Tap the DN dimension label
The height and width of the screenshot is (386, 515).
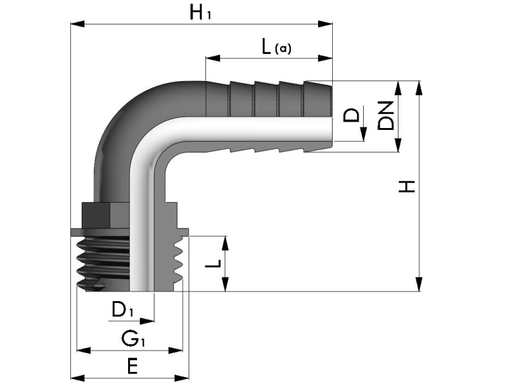[x=386, y=116]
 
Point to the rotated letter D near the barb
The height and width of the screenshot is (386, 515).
[x=351, y=116]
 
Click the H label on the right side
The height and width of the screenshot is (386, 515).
[x=407, y=187]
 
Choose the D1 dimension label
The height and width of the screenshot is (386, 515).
[x=123, y=309]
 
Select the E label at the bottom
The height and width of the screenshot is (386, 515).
[x=132, y=367]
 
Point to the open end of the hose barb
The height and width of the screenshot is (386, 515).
[x=330, y=116]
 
